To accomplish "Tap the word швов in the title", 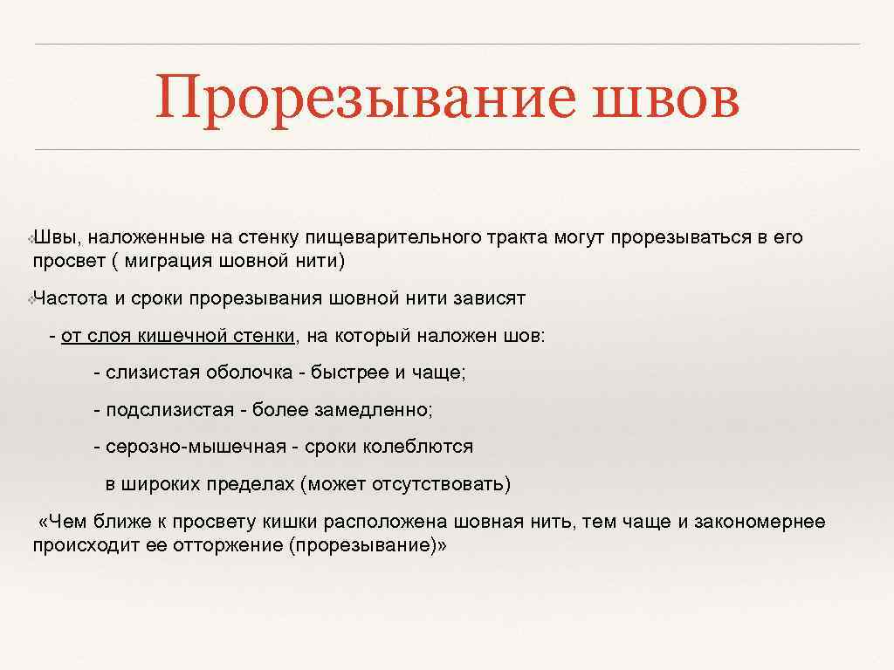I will (665, 98).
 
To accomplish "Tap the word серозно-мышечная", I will (196, 447).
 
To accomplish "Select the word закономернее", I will (761, 522).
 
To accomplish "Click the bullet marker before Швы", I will (31, 238).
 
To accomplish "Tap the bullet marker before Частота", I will (31, 299).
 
